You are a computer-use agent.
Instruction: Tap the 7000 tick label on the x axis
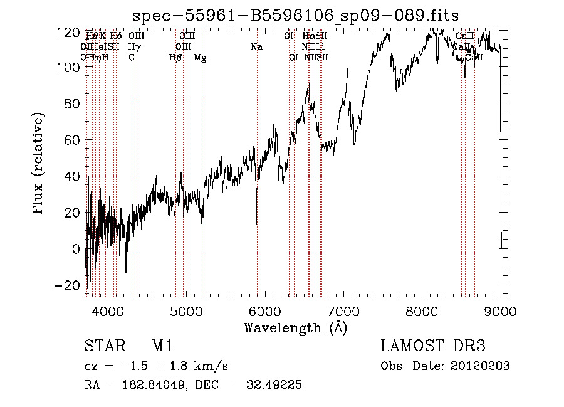tap(343, 312)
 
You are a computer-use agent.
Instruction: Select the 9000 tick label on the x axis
tap(501, 312)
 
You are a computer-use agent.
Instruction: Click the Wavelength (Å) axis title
tap(295, 327)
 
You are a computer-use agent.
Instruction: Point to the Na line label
tap(256, 46)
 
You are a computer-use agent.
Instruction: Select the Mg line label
tap(201, 58)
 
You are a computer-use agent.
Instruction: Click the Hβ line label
tap(176, 58)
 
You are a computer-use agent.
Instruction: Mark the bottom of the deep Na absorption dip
tap(256, 225)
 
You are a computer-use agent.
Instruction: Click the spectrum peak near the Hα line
tap(309, 84)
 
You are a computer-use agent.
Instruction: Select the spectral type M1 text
tap(162, 346)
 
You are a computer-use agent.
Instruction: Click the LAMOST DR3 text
tap(433, 346)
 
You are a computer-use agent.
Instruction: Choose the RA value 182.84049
tap(145, 385)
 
